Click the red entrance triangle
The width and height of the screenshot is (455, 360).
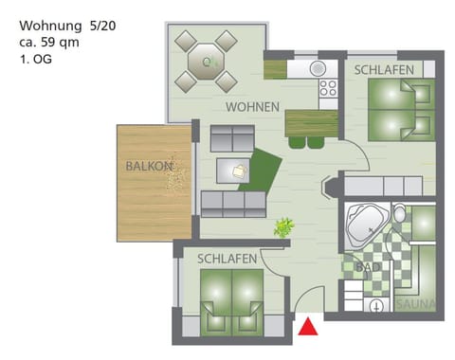[x=307, y=328]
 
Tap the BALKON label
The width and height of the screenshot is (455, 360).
[x=149, y=166]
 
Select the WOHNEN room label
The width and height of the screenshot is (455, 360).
[x=251, y=107]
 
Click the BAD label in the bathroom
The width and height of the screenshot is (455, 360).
[x=368, y=268]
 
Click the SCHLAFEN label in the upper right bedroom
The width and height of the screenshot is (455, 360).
[x=385, y=69]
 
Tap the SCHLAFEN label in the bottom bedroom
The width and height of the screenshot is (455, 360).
[x=227, y=258]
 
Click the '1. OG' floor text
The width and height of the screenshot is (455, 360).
[x=35, y=59]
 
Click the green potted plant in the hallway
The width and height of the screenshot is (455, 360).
[x=283, y=226]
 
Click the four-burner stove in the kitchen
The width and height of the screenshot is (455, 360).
[x=328, y=88]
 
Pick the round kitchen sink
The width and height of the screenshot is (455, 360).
[x=317, y=68]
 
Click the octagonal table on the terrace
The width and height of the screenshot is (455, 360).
[x=206, y=63]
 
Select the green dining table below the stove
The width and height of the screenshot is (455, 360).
[x=310, y=123]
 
